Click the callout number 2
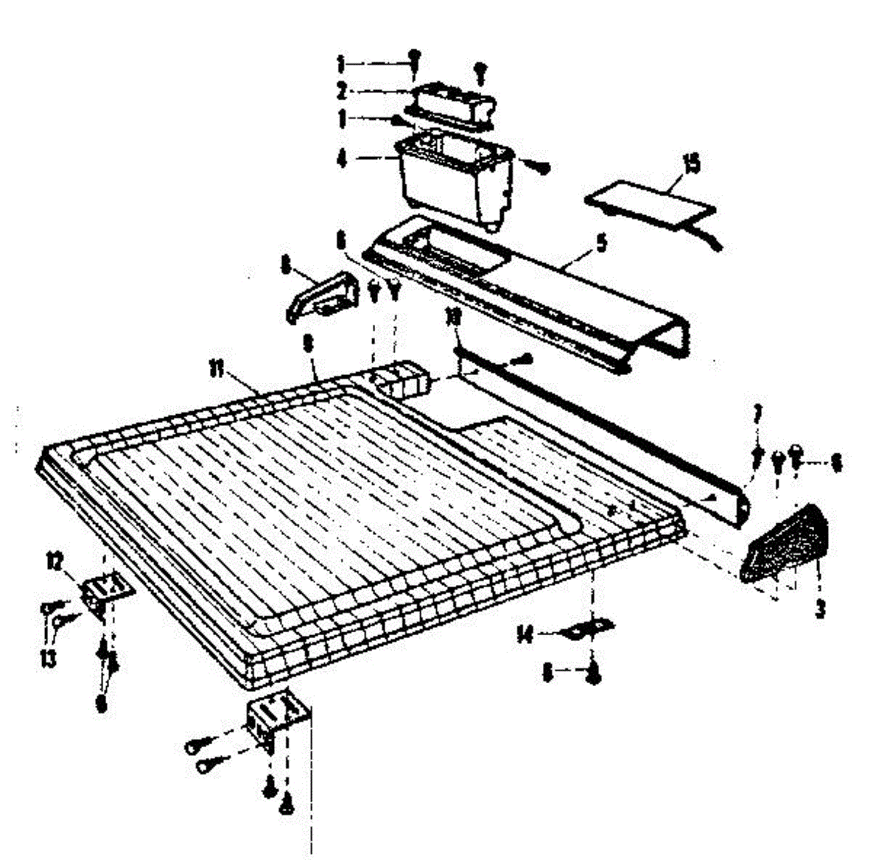[x=341, y=91]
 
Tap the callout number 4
[x=341, y=158]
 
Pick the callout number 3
[x=819, y=609]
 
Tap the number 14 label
[x=525, y=634]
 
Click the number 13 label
[x=49, y=658]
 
